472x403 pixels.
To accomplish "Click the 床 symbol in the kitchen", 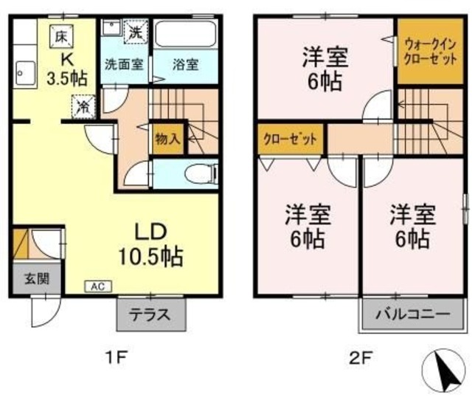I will (61, 34).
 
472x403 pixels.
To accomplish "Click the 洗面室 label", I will (123, 63).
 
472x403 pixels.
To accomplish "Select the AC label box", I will (98, 286).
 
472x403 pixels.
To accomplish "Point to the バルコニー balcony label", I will (413, 314).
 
